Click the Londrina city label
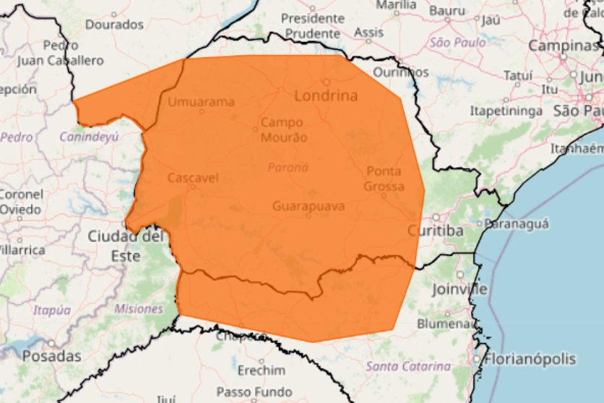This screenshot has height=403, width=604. point(326,96)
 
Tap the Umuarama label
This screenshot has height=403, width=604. point(202,102)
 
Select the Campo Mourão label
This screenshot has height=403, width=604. point(283,130)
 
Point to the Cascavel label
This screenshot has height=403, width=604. point(192,177)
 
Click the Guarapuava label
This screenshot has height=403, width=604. point(309,206)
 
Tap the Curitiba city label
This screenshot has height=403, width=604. point(434,231)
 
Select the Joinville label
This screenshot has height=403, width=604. point(460,289)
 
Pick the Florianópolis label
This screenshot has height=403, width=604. point(531,359)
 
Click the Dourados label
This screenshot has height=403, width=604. point(114,24)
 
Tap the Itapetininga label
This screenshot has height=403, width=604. point(506,111)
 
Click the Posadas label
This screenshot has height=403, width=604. point(51,356)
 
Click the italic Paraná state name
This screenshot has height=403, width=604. point(288,167)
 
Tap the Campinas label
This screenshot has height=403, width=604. point(563,46)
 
